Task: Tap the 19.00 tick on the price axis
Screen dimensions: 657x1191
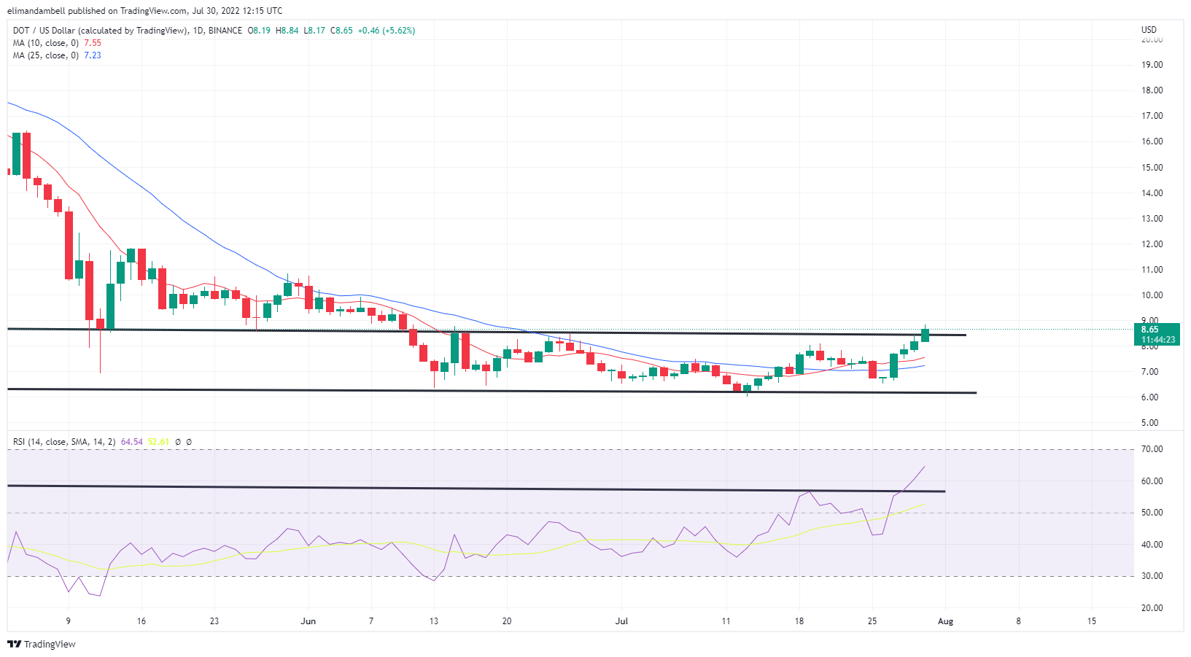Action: click(1152, 65)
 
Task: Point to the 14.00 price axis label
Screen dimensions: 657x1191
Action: click(1152, 193)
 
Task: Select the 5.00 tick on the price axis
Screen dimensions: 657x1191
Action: click(1149, 423)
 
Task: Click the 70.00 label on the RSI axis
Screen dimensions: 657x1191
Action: click(1152, 449)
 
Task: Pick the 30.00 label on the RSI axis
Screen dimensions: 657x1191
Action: click(1152, 576)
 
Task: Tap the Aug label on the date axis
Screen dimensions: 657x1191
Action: click(945, 621)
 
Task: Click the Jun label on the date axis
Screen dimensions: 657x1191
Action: click(308, 621)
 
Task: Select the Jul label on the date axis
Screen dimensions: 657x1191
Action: click(621, 621)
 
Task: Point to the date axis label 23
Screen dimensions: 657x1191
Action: click(214, 621)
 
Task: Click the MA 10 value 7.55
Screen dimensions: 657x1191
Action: click(93, 43)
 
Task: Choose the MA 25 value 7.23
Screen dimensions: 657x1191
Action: click(93, 55)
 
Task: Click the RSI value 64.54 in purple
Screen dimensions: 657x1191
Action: click(132, 442)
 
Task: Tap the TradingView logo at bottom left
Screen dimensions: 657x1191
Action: click(42, 644)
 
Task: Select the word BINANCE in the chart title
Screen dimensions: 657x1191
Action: click(225, 31)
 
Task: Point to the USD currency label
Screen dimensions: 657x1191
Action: click(1149, 30)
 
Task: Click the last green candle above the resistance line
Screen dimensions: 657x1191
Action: click(925, 335)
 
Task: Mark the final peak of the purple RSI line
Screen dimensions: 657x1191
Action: click(925, 467)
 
